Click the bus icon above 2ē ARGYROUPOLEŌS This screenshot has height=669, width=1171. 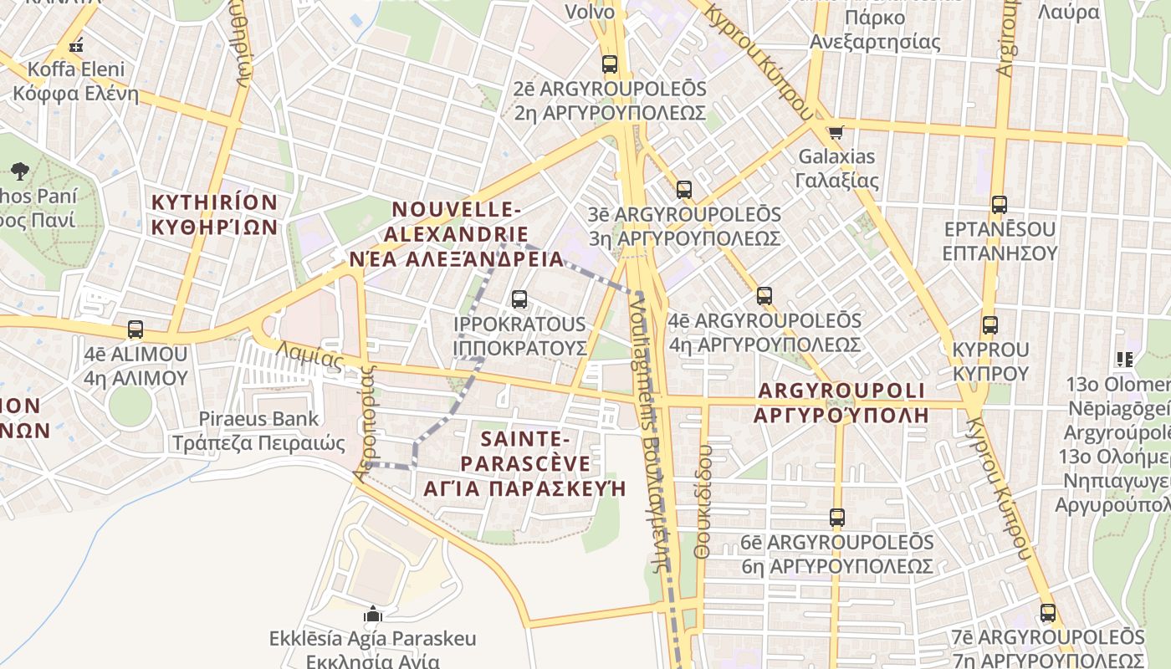point(610,64)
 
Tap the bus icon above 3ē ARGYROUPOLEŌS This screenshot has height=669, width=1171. point(684,190)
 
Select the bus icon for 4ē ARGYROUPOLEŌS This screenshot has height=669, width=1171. point(764,296)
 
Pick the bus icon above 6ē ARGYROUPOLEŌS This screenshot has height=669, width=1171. point(837,518)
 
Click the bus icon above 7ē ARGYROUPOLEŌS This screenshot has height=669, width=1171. point(1048,613)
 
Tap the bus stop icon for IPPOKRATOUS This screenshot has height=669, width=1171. point(519,299)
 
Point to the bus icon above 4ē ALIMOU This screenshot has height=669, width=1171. point(136,329)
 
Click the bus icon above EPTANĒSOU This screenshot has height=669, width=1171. point(999,205)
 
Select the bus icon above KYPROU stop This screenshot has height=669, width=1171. point(990,325)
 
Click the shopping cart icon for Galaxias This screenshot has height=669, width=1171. point(835,131)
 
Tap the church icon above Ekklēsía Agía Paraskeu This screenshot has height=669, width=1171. point(373,615)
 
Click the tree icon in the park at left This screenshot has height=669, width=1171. point(20,172)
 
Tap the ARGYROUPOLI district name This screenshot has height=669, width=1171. point(841,402)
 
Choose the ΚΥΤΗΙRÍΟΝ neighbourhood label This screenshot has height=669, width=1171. point(214,214)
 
